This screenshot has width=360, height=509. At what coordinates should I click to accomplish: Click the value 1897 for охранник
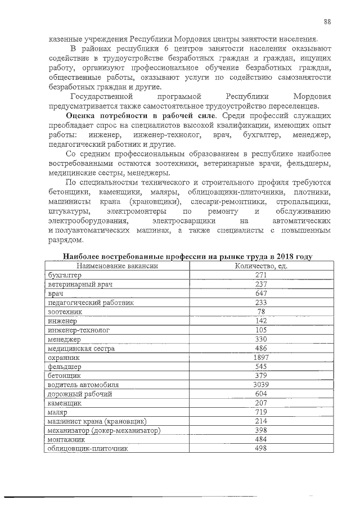(261, 357)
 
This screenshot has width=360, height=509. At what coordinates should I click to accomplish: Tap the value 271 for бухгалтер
(261, 275)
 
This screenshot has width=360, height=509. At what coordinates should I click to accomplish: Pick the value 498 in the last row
(261, 449)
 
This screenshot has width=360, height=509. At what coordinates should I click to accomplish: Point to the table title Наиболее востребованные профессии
(187, 256)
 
